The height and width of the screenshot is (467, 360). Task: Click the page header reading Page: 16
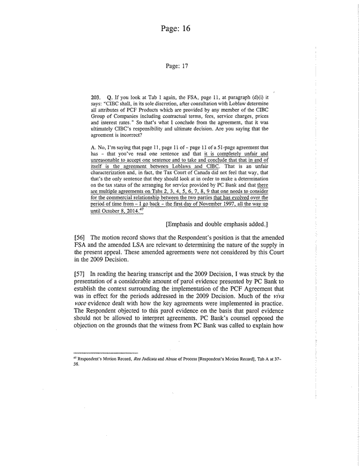pos(179,27)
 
